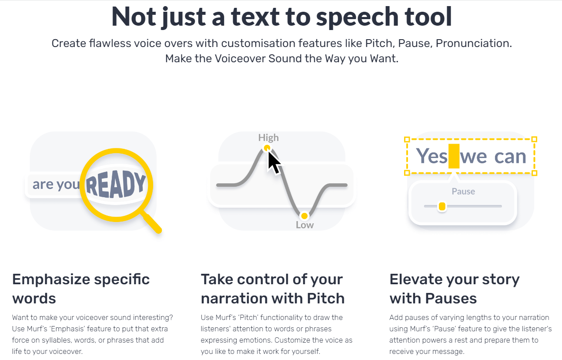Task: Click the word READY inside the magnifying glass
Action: [x=116, y=184]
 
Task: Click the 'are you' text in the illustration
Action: [x=56, y=185]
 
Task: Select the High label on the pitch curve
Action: [x=268, y=138]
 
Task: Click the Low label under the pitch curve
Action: [x=304, y=225]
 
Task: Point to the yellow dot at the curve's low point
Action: [x=304, y=216]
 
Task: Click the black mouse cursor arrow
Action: [x=274, y=163]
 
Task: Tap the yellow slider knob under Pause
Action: [x=442, y=207]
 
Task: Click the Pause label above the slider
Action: [x=463, y=192]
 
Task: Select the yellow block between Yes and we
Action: [x=454, y=156]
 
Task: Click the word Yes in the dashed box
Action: [x=432, y=156]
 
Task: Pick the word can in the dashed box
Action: [x=510, y=157]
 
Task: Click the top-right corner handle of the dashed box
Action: [x=535, y=139]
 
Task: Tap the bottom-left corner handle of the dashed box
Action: [x=407, y=173]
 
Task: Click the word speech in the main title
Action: [x=357, y=17]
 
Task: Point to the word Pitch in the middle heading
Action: [x=326, y=299]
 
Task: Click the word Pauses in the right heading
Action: [x=451, y=299]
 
